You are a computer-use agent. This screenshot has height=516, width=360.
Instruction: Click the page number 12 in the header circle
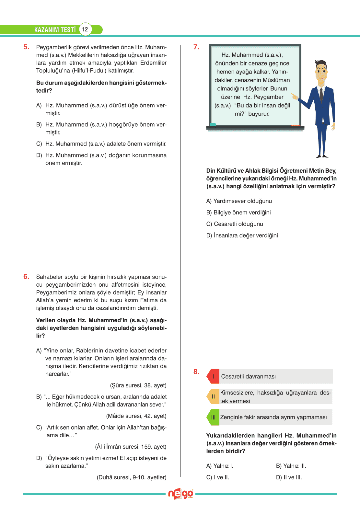click(x=85, y=29)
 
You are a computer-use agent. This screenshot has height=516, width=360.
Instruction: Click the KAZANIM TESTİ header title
click(x=55, y=30)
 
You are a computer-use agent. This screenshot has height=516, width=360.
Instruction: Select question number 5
click(x=26, y=47)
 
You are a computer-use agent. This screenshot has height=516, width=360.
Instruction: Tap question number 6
click(x=26, y=277)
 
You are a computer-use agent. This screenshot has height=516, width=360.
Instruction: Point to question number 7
click(x=196, y=47)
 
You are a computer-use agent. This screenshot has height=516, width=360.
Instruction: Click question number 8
click(x=196, y=372)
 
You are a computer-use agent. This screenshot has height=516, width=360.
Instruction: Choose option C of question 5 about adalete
click(x=101, y=144)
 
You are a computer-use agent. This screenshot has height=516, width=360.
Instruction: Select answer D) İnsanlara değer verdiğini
click(x=242, y=235)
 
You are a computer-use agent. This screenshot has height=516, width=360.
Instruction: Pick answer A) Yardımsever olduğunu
click(x=239, y=201)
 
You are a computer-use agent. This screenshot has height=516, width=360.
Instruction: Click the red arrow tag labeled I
click(x=213, y=376)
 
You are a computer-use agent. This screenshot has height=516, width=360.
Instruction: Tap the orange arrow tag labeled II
click(x=213, y=396)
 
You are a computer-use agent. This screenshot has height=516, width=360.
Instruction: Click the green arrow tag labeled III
click(x=213, y=417)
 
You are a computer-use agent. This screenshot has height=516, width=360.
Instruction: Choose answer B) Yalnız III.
click(x=291, y=466)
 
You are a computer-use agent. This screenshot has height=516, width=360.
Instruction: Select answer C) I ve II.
click(x=218, y=477)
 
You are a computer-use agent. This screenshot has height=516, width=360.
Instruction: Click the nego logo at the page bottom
click(x=180, y=494)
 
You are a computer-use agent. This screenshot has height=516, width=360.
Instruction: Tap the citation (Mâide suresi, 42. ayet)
click(x=136, y=416)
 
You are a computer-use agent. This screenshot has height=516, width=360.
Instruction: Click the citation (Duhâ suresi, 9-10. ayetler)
click(x=132, y=477)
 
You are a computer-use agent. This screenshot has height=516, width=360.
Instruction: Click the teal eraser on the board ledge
click(x=213, y=125)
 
